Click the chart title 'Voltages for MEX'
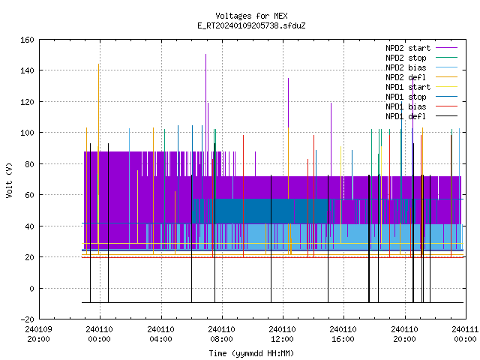[251, 16]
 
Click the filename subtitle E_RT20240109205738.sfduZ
[251, 25]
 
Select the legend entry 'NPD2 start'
[408, 48]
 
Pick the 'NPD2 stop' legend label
[406, 58]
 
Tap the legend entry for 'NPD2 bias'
[406, 67]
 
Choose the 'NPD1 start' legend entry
[408, 87]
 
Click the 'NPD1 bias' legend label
[406, 106]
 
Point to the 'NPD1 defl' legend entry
[406, 117]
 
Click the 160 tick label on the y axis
[27, 40]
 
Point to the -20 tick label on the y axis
[27, 319]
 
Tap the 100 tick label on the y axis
[27, 133]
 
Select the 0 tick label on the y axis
[31, 289]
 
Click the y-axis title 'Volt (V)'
[9, 180]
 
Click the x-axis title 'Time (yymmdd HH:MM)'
[251, 353]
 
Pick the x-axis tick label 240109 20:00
[38, 334]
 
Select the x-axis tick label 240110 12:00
[282, 334]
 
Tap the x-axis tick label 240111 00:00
[465, 334]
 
